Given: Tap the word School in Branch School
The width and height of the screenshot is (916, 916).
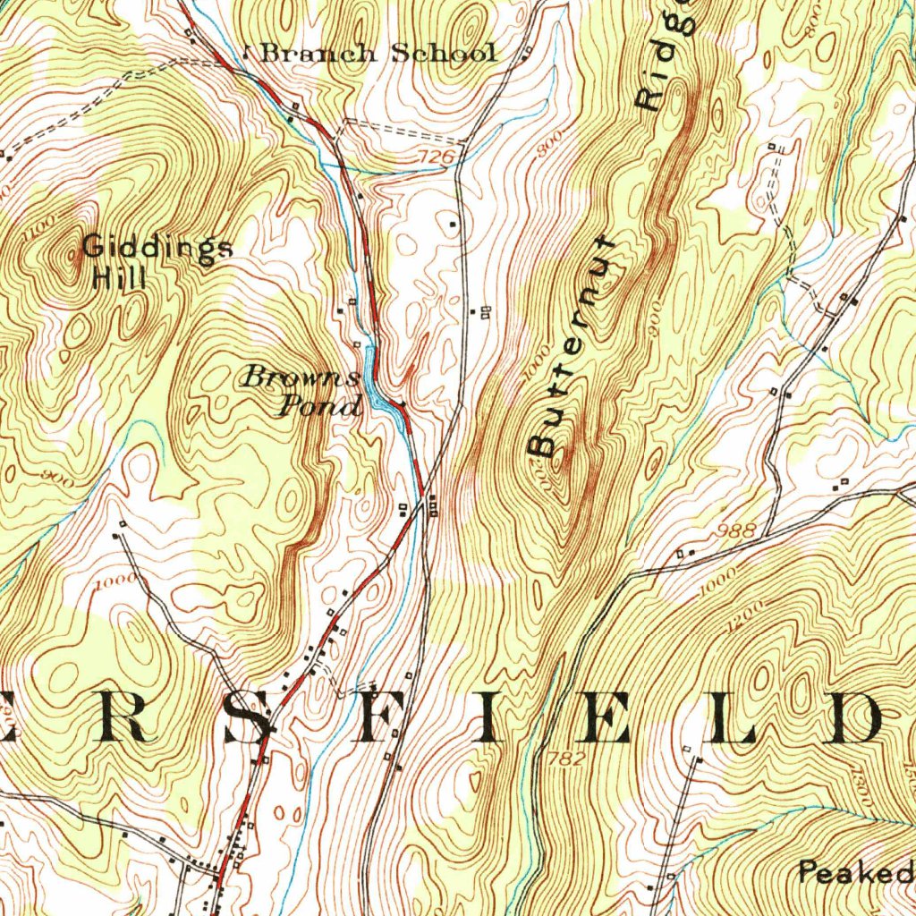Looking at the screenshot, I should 445,54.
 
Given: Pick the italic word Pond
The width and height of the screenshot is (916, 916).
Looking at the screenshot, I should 319,407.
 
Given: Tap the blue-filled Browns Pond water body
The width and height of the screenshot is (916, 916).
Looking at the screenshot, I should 383,399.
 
